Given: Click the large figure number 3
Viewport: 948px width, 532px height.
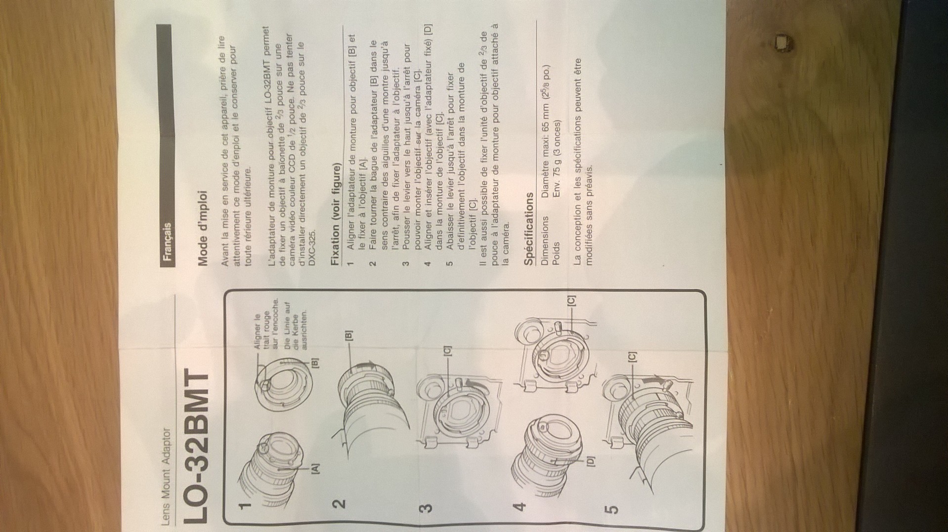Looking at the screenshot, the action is click(x=428, y=507).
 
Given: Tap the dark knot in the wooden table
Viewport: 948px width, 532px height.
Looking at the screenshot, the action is click(x=782, y=42).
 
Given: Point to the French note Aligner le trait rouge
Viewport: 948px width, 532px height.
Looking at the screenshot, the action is click(x=267, y=324).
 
